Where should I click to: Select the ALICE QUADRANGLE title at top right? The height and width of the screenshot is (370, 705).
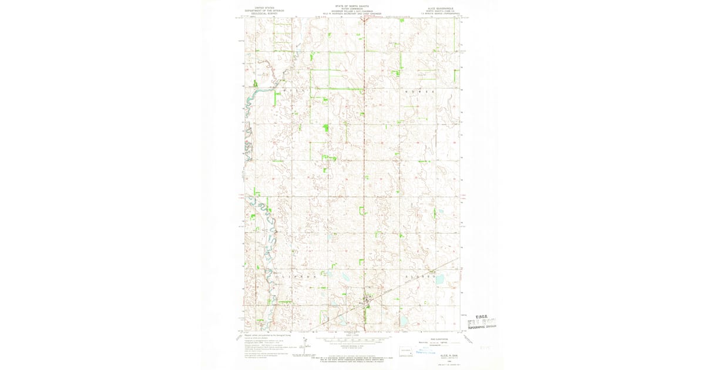click(x=445, y=8)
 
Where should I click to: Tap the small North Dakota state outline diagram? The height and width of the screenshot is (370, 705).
click(x=405, y=352)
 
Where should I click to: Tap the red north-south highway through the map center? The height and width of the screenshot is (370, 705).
click(x=364, y=176)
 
